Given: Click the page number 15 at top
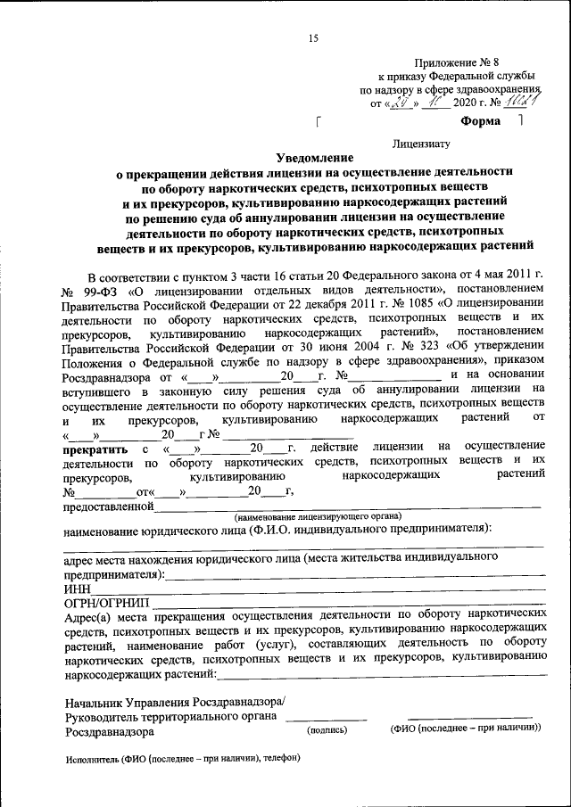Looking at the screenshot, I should pos(312,37).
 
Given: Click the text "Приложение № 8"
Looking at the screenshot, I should pos(456,62).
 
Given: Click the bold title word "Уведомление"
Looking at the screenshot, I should pos(318,157).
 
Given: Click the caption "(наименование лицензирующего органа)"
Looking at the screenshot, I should pos(318,516).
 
